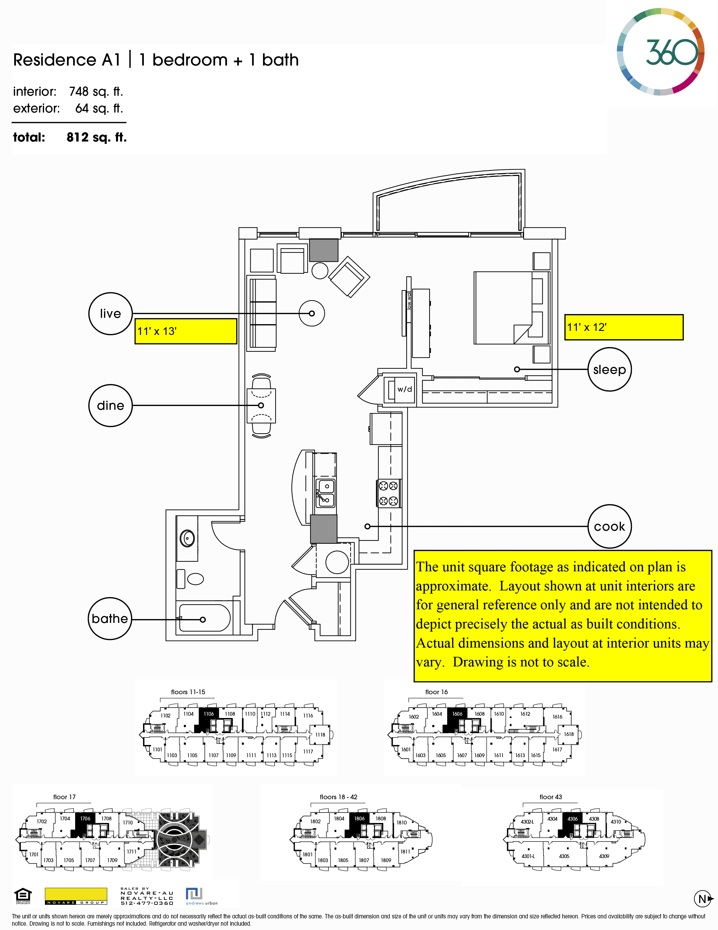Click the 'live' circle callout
pos(110,313)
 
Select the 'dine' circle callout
pos(110,405)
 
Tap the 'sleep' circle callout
pos(610,369)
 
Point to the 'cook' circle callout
pos(610,527)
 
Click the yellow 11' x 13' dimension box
pos(186,331)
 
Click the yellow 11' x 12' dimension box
pos(623,327)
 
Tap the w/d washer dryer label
pos(405,389)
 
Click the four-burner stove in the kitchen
pos(388,493)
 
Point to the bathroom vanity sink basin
pos(187,538)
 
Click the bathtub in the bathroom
pos(204,617)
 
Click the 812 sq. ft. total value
pos(97,137)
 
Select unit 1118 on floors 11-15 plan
pos(320,735)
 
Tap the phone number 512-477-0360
pos(147,903)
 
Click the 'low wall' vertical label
pos(409,300)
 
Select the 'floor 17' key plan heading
pos(64,797)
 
